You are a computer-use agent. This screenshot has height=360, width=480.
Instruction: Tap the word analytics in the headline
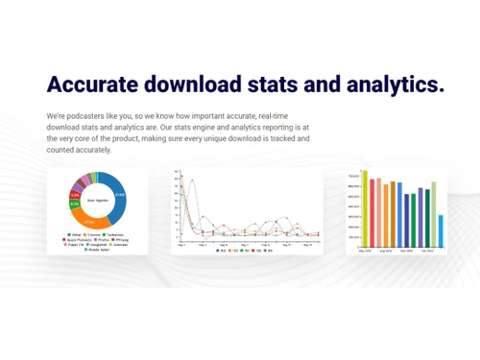pos(386,84)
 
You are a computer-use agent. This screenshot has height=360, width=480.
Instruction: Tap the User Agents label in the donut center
pos(97,200)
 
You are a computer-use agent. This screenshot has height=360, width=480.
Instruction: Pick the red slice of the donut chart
pos(75,195)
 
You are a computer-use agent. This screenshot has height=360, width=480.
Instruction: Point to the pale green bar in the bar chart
pos(434,213)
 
